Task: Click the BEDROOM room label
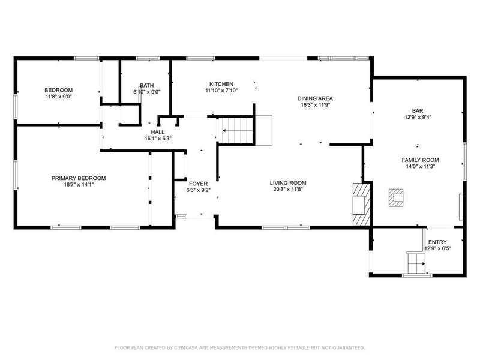(x=58, y=90)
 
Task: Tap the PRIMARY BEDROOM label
(x=79, y=178)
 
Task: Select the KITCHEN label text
(x=221, y=84)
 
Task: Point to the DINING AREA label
(x=315, y=98)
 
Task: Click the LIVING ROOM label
(x=288, y=183)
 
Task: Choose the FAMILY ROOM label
(x=421, y=160)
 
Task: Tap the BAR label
(x=418, y=111)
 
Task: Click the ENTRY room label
(x=437, y=242)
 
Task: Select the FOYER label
(x=198, y=184)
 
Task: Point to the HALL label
(x=158, y=132)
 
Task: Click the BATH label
(x=147, y=85)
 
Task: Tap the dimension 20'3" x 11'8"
(x=288, y=189)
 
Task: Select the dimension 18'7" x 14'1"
(x=79, y=185)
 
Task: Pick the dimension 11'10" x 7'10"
(x=221, y=91)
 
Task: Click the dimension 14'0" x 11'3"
(x=421, y=167)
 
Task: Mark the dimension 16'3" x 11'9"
(x=315, y=104)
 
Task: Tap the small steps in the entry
(x=416, y=263)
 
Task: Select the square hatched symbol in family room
(x=396, y=198)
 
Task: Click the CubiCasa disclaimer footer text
(x=240, y=348)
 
